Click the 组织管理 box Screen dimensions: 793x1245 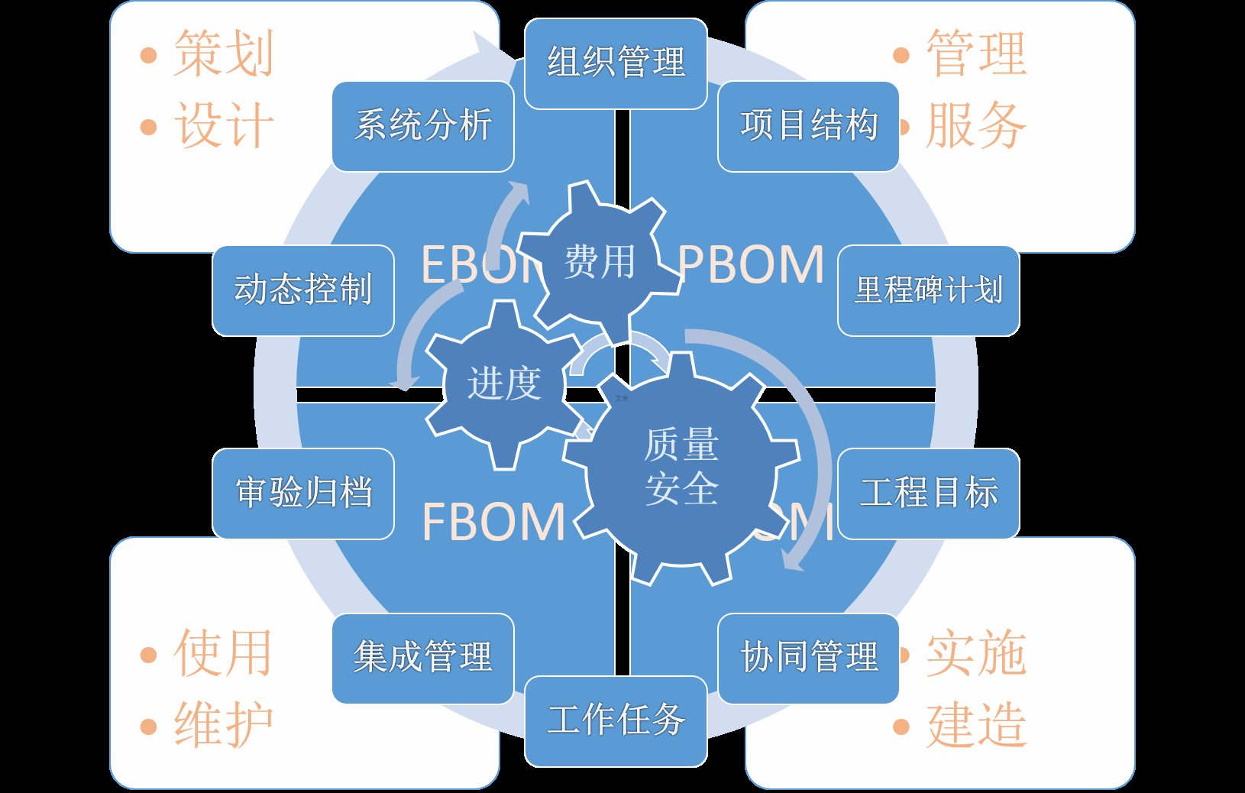616,63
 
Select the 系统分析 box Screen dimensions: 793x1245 423,126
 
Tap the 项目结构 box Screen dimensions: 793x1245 808,126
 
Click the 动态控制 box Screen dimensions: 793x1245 303,290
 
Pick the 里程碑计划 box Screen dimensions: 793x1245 928,290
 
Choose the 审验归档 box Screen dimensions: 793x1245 303,494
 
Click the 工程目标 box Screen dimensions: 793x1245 928,494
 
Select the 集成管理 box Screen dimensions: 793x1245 423,658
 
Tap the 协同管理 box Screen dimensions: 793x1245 808,658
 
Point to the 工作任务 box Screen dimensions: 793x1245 616,720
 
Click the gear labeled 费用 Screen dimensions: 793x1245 600,262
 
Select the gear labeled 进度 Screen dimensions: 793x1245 504,384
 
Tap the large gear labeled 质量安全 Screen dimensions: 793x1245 681,468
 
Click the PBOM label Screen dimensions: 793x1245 752,265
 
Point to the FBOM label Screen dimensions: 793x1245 493,523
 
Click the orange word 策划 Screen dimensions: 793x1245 223,53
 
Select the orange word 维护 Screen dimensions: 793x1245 223,724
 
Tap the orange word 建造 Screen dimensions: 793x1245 976,724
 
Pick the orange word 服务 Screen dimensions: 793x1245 976,125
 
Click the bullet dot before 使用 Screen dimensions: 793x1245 149,655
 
